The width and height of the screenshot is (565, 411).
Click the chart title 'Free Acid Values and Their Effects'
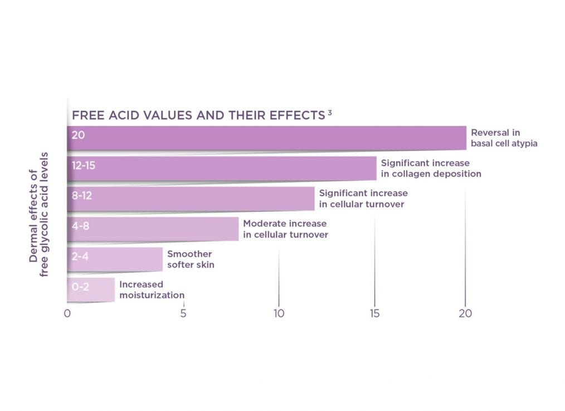pyautogui.click(x=198, y=115)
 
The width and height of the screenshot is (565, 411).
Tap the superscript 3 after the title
pyautogui.click(x=330, y=113)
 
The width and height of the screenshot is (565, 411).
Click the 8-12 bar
pyautogui.click(x=191, y=199)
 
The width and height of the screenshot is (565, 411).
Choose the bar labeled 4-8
pyautogui.click(x=153, y=229)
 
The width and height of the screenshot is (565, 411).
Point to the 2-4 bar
pyautogui.click(x=115, y=259)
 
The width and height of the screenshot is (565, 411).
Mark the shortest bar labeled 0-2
pyautogui.click(x=91, y=289)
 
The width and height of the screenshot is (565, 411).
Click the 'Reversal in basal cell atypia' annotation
pyautogui.click(x=504, y=138)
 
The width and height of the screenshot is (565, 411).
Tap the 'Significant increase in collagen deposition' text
pyautogui.click(x=431, y=168)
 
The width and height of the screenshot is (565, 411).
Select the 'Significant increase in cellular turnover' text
pyautogui.click(x=363, y=199)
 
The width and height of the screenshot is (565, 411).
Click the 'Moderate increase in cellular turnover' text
pyautogui.click(x=285, y=229)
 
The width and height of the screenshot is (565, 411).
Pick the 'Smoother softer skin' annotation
pyautogui.click(x=191, y=259)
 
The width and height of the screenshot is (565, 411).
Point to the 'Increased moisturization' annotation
pyautogui.click(x=152, y=289)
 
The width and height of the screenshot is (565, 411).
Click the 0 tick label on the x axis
pyautogui.click(x=67, y=313)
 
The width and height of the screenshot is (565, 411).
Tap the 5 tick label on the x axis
pyautogui.click(x=183, y=313)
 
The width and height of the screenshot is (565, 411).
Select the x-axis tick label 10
pyautogui.click(x=279, y=313)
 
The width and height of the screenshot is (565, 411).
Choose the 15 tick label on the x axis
pyautogui.click(x=374, y=313)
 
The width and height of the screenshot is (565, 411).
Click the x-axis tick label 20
pyautogui.click(x=465, y=313)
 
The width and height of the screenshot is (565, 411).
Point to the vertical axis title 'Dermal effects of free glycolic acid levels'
pyautogui.click(x=39, y=214)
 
